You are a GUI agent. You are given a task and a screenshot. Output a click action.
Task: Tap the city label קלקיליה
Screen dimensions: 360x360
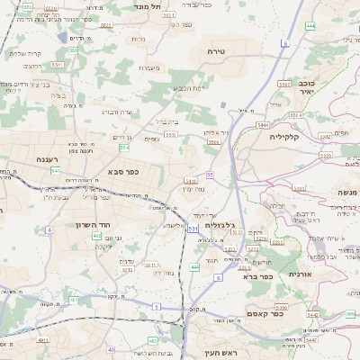tap(288, 138)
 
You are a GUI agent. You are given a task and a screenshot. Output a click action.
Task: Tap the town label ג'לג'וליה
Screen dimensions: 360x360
tap(216, 226)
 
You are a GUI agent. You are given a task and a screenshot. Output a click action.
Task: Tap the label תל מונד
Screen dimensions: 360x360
tap(148, 6)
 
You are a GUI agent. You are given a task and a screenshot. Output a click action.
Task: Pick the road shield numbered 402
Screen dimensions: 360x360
tap(97, 235)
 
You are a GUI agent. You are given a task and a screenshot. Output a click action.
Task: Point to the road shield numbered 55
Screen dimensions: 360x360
tap(210, 175)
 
